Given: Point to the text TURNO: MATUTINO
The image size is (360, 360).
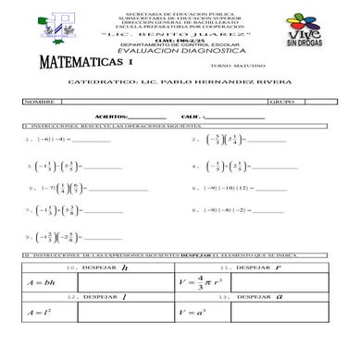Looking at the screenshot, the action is point(234,68).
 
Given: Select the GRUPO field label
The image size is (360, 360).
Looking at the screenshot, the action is point(279,99).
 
